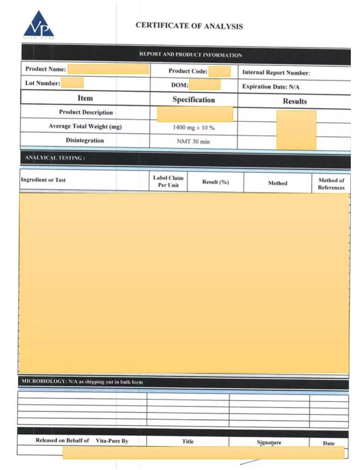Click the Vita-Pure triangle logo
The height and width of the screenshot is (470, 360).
coord(38,25)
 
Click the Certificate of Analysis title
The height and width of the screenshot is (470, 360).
coord(189,26)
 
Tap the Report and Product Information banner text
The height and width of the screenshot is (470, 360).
coord(190,55)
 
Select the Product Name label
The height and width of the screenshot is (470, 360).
coord(46,69)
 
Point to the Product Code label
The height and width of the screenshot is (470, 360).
coord(188,71)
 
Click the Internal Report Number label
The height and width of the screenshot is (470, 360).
coord(276,73)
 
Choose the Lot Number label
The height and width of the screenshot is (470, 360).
coord(43,83)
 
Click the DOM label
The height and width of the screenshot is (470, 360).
coord(179,85)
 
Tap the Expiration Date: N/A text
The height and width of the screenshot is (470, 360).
coord(271,86)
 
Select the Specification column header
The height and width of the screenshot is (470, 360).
coord(193,100)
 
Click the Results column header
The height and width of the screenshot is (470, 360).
coord(294,101)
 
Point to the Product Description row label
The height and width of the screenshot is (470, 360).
coord(86,113)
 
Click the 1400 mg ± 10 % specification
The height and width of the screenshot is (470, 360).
coord(194,128)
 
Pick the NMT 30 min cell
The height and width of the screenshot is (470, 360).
coord(193,141)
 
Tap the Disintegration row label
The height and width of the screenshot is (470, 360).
coord(85,141)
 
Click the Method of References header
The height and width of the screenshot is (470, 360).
coord(331,184)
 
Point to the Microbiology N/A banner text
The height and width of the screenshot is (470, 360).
coord(82,382)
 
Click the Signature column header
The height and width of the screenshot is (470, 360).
coord(269,443)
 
